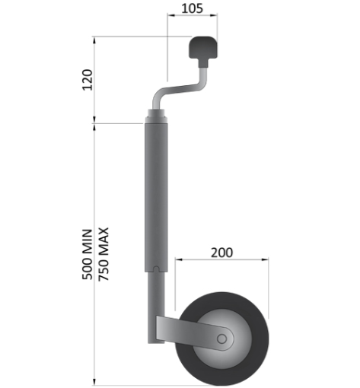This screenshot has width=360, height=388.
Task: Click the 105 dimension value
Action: pyautogui.click(x=192, y=9)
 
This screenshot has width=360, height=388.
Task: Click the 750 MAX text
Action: pyautogui.click(x=104, y=253)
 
